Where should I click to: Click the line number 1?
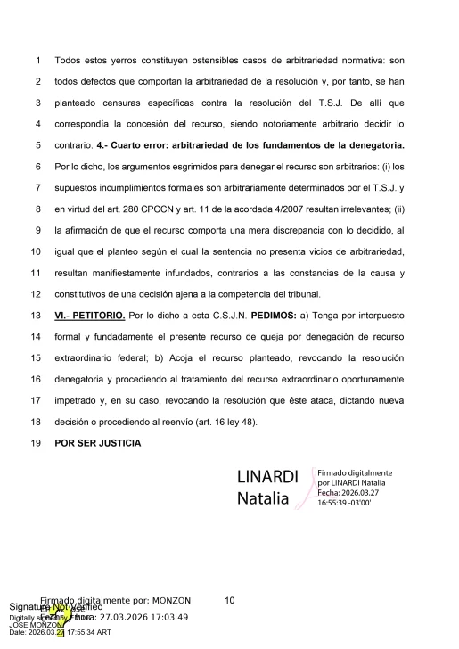pyautogui.click(x=37, y=62)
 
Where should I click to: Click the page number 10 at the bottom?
pyautogui.click(x=229, y=601)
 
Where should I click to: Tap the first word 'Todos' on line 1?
pyautogui.click(x=70, y=62)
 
